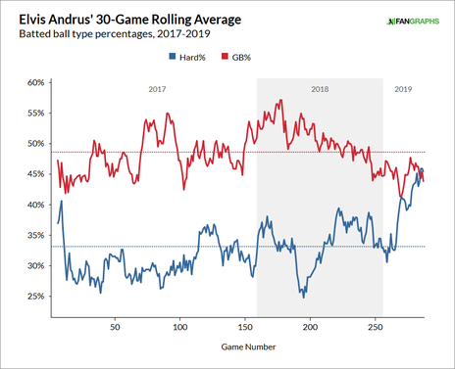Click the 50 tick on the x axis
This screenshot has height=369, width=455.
[115, 327]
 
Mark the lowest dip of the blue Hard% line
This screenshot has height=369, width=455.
[304, 296]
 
